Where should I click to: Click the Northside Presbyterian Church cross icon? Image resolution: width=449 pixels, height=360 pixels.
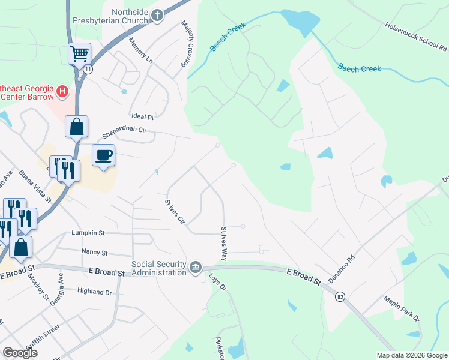pyautogui.click(x=157, y=16)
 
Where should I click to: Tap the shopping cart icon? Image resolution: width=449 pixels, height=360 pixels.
pyautogui.click(x=79, y=53)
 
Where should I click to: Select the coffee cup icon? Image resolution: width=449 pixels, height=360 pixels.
pyautogui.click(x=103, y=155)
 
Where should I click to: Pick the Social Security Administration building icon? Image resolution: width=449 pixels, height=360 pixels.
pyautogui.click(x=196, y=267)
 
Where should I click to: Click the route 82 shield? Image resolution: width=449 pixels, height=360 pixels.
pyautogui.click(x=340, y=296)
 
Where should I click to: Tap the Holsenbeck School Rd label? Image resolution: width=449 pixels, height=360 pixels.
pyautogui.click(x=415, y=35)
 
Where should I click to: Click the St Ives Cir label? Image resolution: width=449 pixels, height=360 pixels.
pyautogui.click(x=175, y=212)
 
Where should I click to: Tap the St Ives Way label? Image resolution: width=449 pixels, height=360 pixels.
pyautogui.click(x=224, y=243)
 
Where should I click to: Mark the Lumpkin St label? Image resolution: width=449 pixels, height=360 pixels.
pyautogui.click(x=88, y=232)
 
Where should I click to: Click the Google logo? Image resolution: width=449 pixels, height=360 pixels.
pyautogui.click(x=20, y=353)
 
